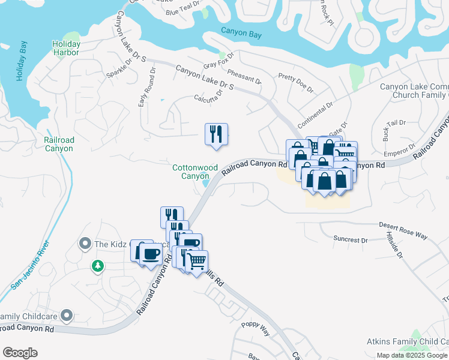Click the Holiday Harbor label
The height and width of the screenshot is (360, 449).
66,48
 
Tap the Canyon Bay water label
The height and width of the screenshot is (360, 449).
241,35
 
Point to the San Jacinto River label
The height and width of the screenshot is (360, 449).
28,265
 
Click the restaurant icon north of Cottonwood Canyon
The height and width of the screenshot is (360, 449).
217,135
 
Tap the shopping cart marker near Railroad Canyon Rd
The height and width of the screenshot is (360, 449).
197,262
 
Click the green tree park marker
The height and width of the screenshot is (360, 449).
97,265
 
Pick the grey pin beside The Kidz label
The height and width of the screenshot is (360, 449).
84,244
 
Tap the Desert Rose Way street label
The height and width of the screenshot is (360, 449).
403,230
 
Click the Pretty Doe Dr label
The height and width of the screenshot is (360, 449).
296,83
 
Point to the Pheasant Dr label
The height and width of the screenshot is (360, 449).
244,76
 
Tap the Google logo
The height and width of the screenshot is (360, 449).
20,353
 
